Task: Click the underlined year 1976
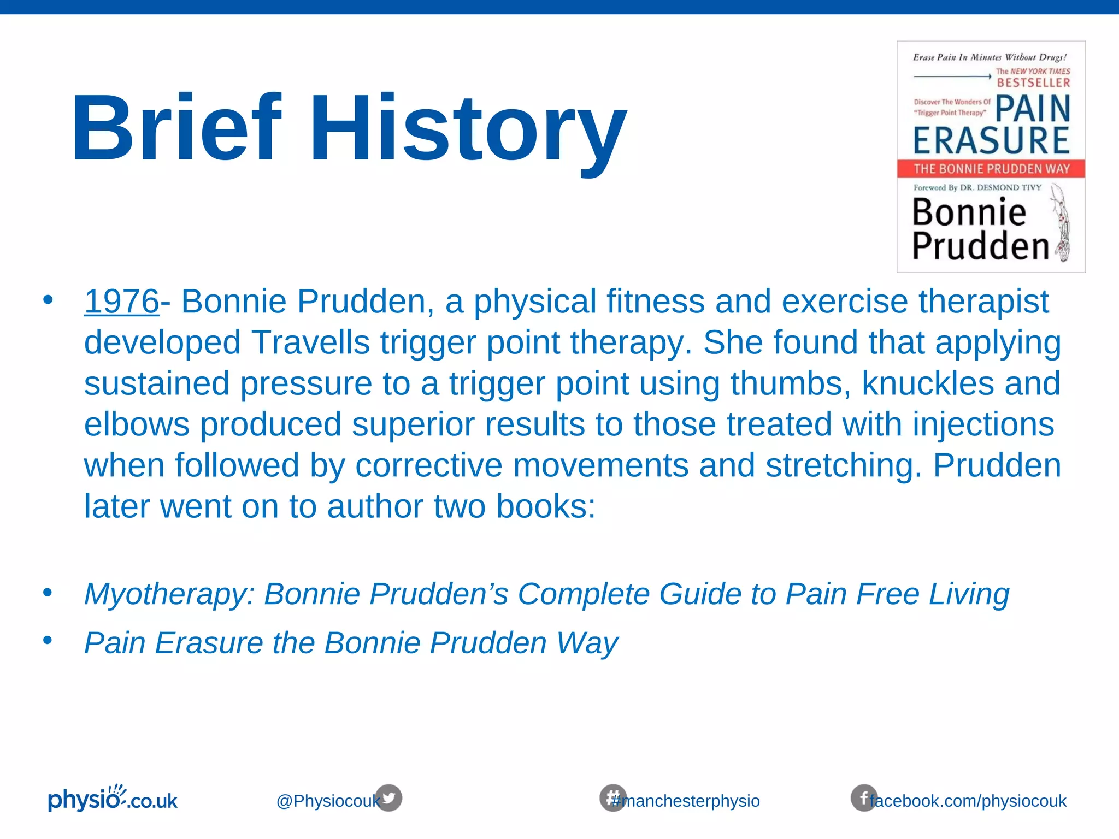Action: point(121,302)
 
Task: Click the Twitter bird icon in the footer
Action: point(389,797)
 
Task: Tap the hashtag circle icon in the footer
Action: point(612,797)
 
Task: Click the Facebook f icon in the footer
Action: point(863,798)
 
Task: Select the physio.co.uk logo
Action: point(113,800)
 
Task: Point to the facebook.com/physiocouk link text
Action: point(968,801)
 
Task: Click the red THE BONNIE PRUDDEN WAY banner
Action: point(991,169)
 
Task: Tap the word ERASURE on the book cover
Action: point(991,140)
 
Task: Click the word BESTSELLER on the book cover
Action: point(1033,83)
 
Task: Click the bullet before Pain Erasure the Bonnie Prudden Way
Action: point(48,640)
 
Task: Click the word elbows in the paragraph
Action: point(137,424)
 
